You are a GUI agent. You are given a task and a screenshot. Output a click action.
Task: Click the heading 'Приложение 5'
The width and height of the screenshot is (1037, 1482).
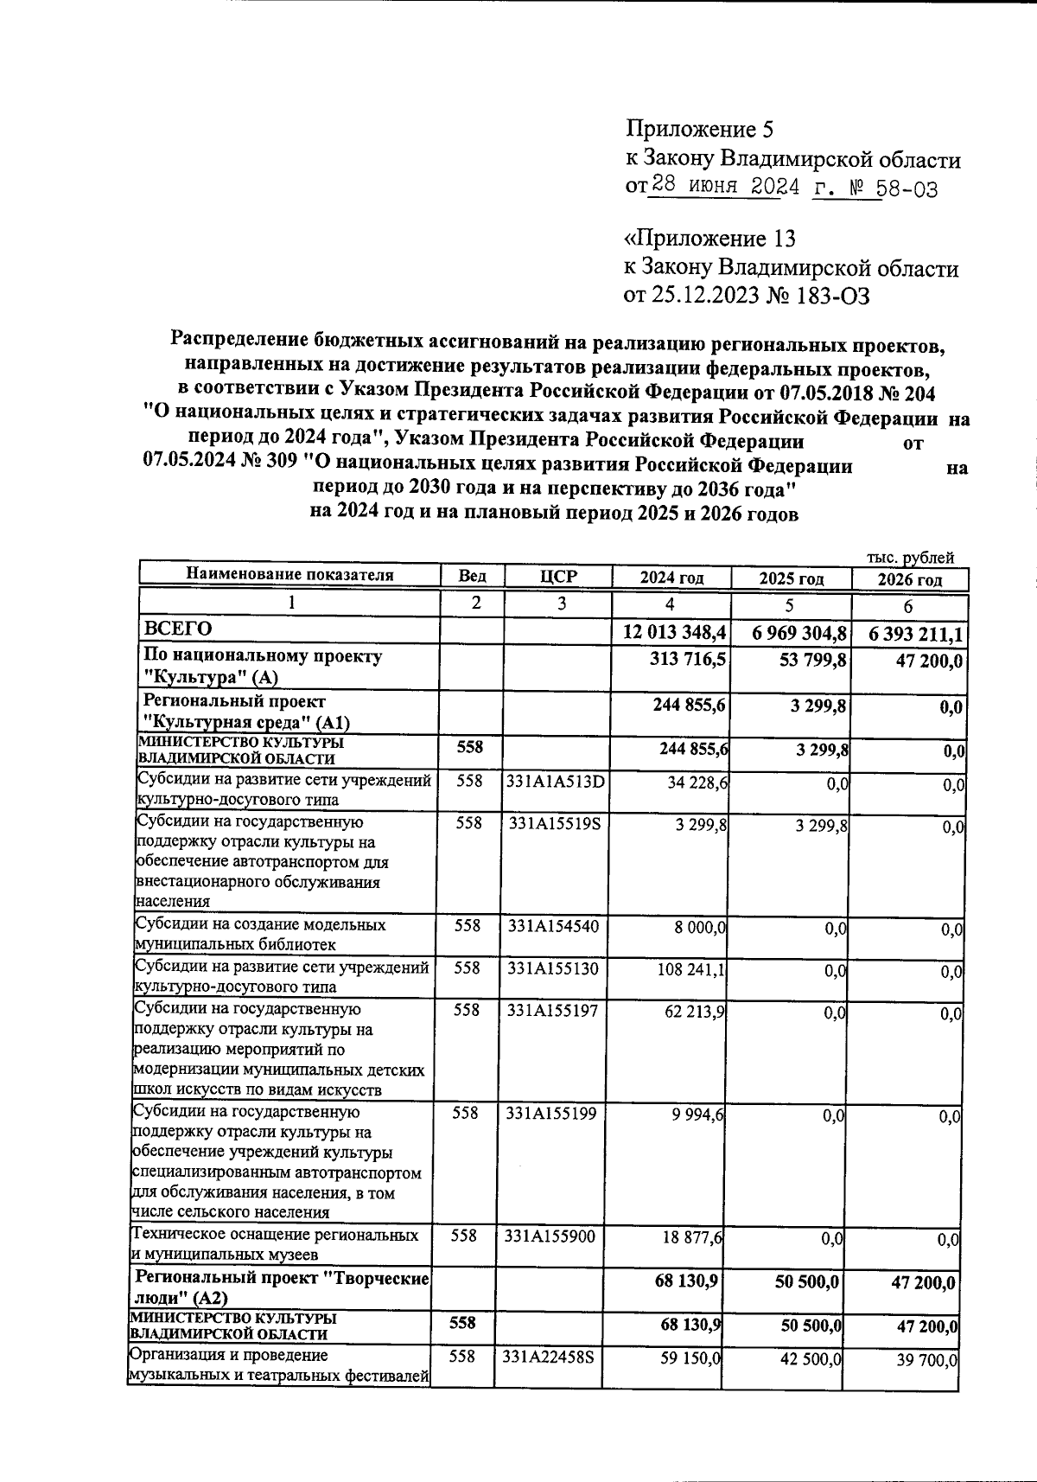pos(699,130)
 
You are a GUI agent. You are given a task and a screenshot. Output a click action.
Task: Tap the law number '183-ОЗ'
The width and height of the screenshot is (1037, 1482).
pos(828,297)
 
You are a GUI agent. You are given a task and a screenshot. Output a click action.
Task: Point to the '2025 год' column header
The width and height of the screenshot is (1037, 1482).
pos(791,578)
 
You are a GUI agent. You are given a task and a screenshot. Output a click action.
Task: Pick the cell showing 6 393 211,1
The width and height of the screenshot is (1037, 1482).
pos(910,635)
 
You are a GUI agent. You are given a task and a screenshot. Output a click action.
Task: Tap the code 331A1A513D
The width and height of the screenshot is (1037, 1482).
pos(557,781)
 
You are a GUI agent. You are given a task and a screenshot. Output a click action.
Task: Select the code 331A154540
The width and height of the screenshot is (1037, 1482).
pos(553,925)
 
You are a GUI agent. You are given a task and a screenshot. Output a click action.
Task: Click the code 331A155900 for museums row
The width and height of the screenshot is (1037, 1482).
pos(550,1236)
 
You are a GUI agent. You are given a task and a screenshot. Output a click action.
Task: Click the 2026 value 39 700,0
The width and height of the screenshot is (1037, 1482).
pos(926,1360)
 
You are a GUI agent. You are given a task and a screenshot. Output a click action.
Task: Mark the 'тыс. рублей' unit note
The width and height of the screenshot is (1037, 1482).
pos(910,559)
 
